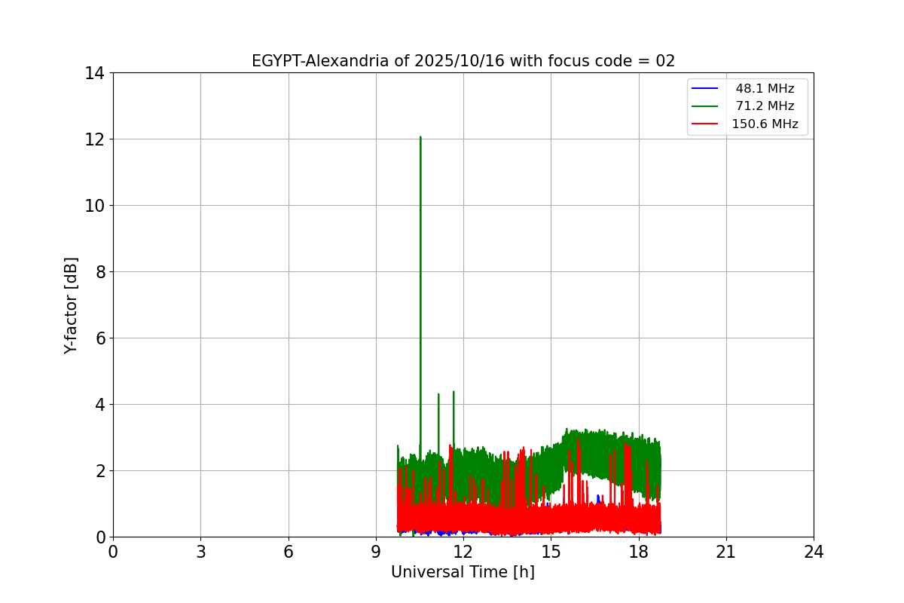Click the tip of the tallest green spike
pyautogui.click(x=420, y=137)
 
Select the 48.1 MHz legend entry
pyautogui.click(x=765, y=89)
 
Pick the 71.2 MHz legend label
pyautogui.click(x=765, y=106)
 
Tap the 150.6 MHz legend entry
pyautogui.click(x=765, y=124)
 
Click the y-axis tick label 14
pyautogui.click(x=94, y=73)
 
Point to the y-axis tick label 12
pyautogui.click(x=94, y=139)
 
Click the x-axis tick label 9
pyautogui.click(x=376, y=552)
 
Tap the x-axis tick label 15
pyautogui.click(x=551, y=552)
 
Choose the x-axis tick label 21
pyautogui.click(x=726, y=552)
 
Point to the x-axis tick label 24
pyautogui.click(x=814, y=552)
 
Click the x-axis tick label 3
pyautogui.click(x=200, y=552)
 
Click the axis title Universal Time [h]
pyautogui.click(x=463, y=573)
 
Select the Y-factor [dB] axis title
pyautogui.click(x=71, y=305)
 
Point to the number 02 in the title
pyautogui.click(x=665, y=61)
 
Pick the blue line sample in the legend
pyautogui.click(x=704, y=89)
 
